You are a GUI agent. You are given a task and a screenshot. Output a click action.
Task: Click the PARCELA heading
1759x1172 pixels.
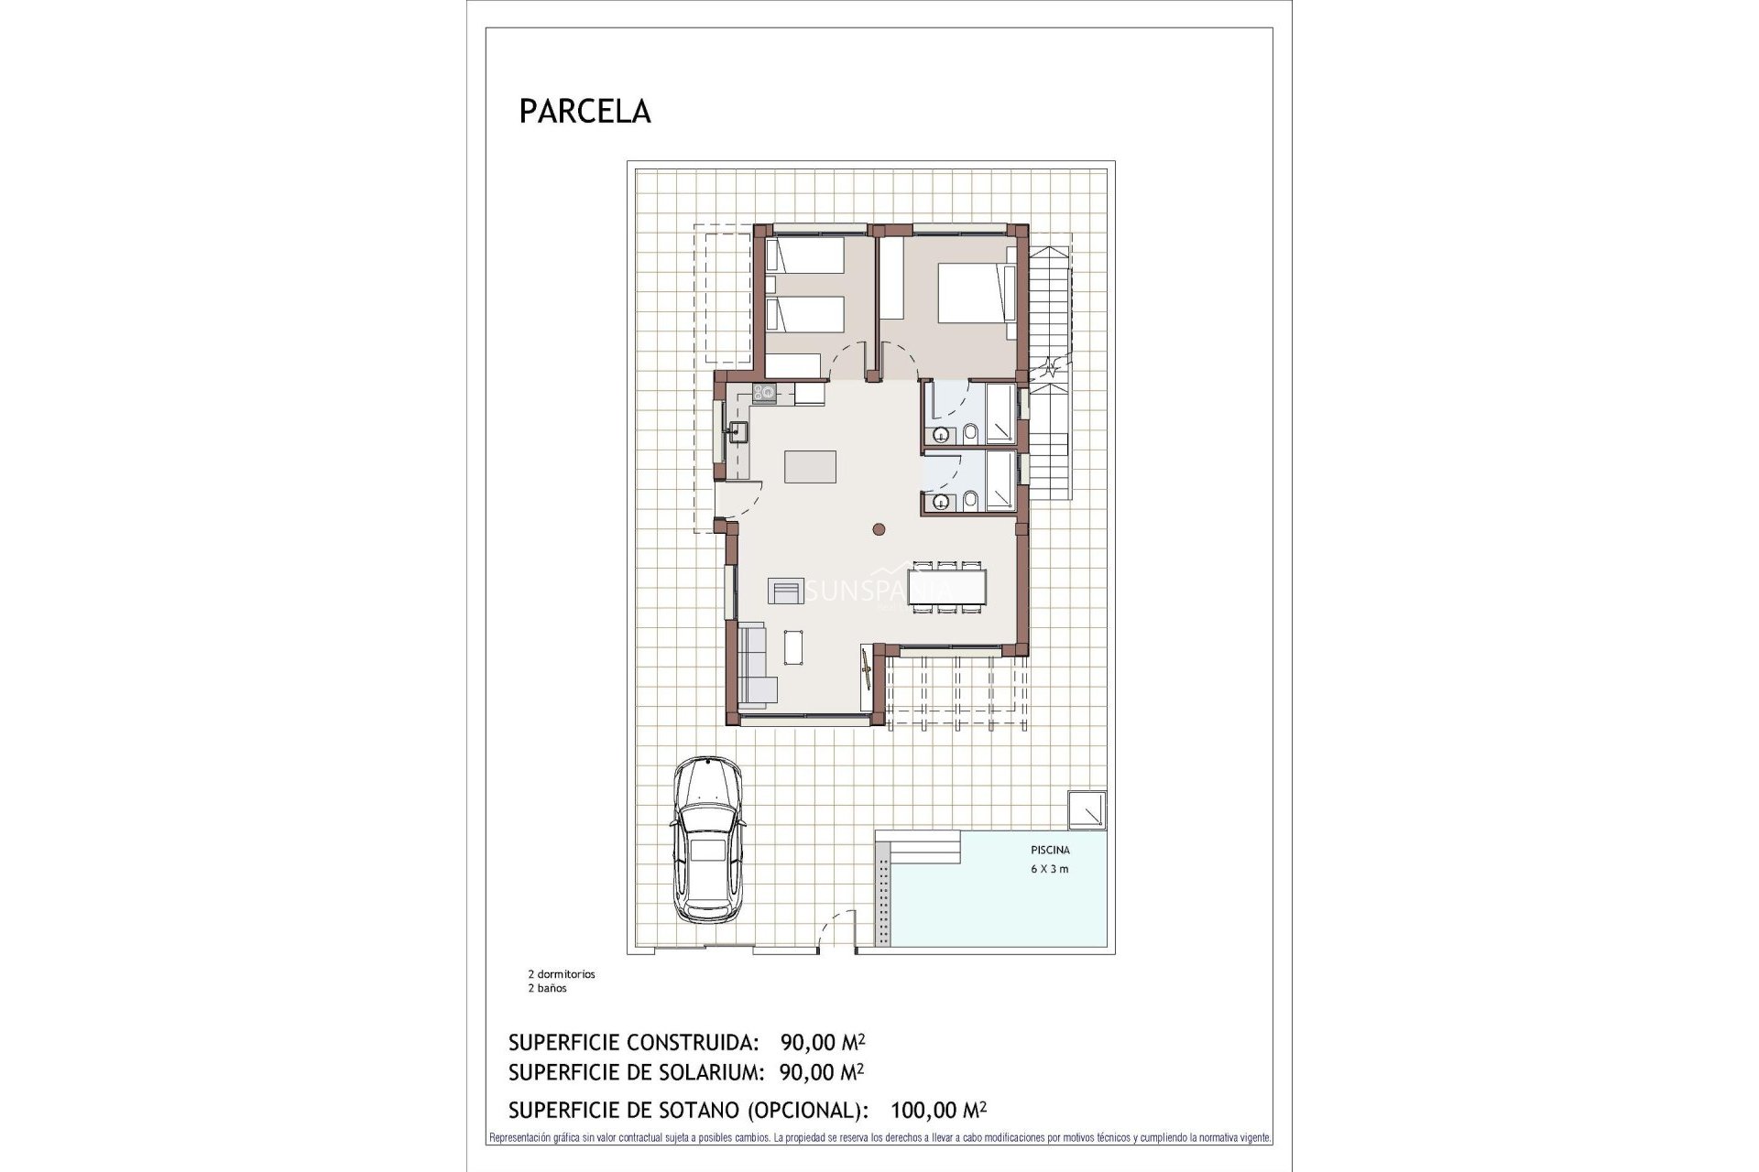585,111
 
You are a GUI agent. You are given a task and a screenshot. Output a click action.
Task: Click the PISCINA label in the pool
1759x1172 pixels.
1050,850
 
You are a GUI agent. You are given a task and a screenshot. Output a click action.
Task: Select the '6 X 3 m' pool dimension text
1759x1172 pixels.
1050,869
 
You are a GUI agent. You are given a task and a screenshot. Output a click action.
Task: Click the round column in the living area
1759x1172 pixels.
879,528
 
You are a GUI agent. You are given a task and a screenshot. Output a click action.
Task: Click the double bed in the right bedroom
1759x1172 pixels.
971,292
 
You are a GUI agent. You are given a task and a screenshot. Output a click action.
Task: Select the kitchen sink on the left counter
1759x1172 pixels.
737,430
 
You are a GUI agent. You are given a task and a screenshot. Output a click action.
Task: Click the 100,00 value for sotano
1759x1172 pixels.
922,1111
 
